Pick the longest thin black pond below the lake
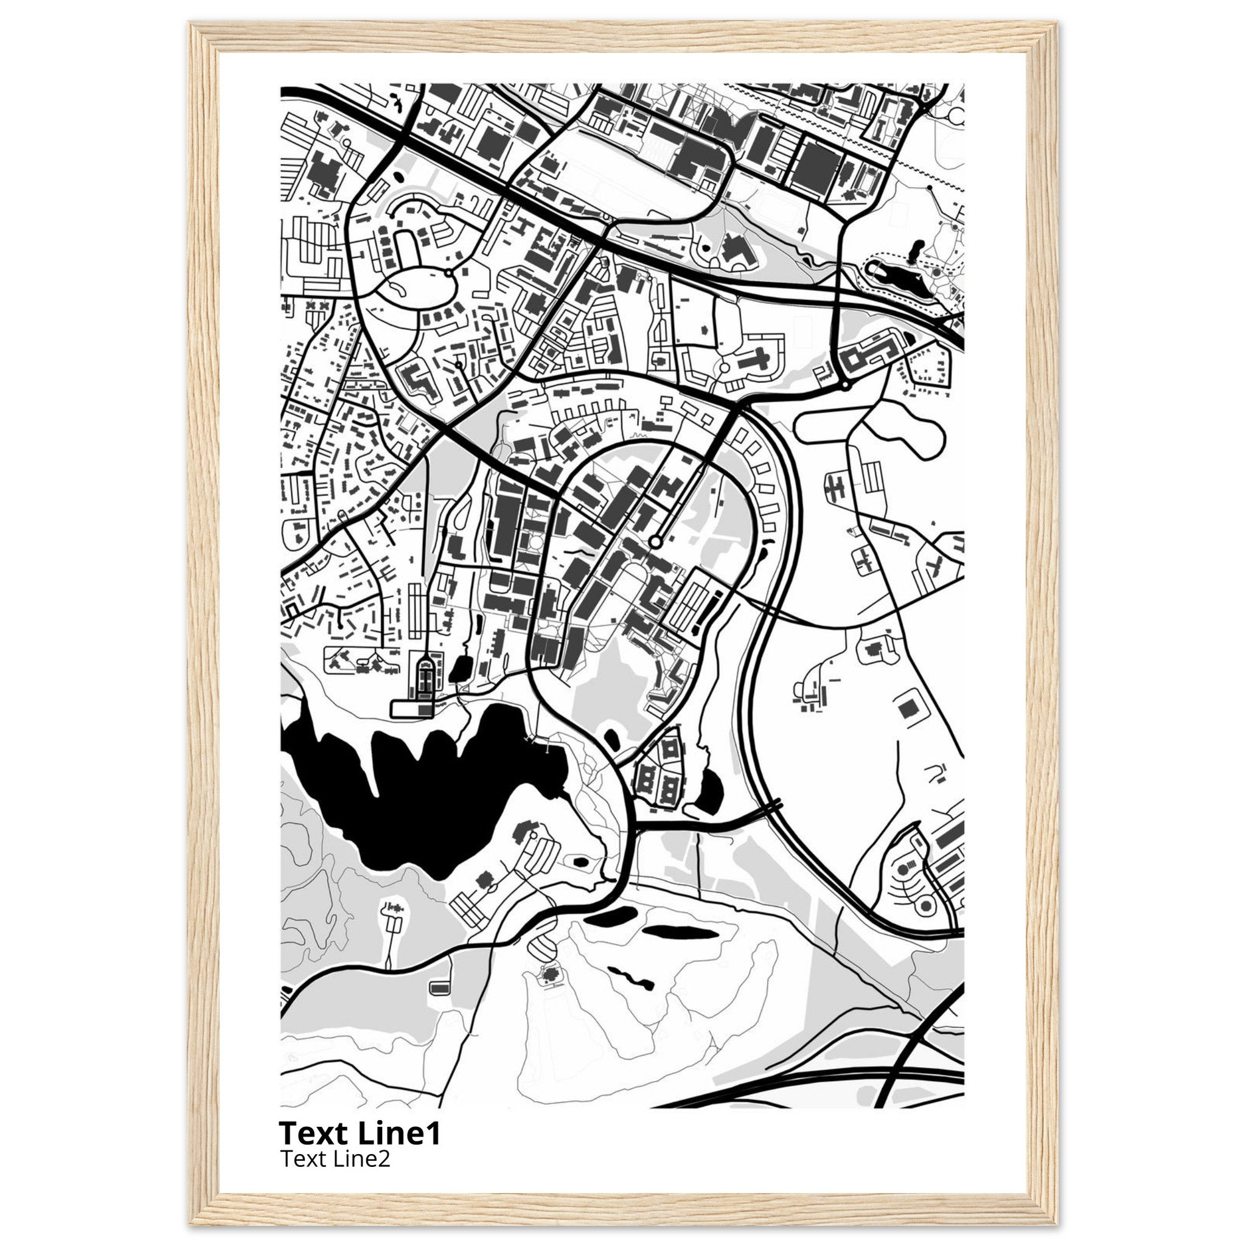tap(681, 933)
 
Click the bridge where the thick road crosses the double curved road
tap(773, 806)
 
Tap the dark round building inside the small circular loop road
tap(926, 906)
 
